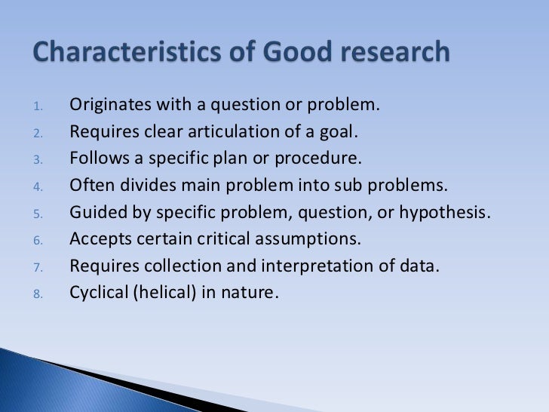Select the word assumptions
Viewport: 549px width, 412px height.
click(x=314, y=239)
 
